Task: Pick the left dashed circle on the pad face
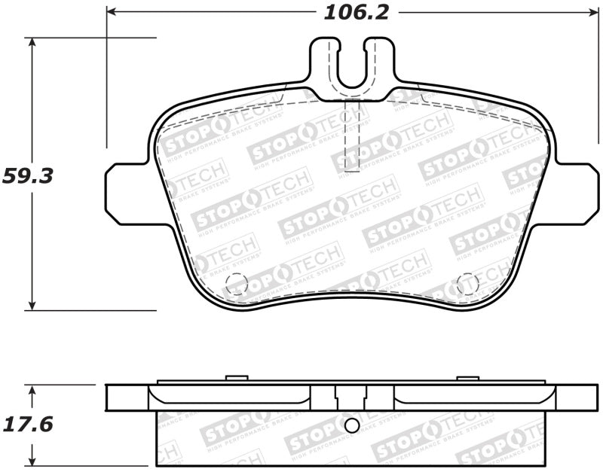pos(237,283)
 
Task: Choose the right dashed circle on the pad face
pos(467,283)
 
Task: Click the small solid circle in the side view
pos(351,425)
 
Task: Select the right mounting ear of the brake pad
pos(577,194)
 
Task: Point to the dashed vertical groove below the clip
pos(352,136)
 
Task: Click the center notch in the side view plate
pos(351,397)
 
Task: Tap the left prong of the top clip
pos(323,56)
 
